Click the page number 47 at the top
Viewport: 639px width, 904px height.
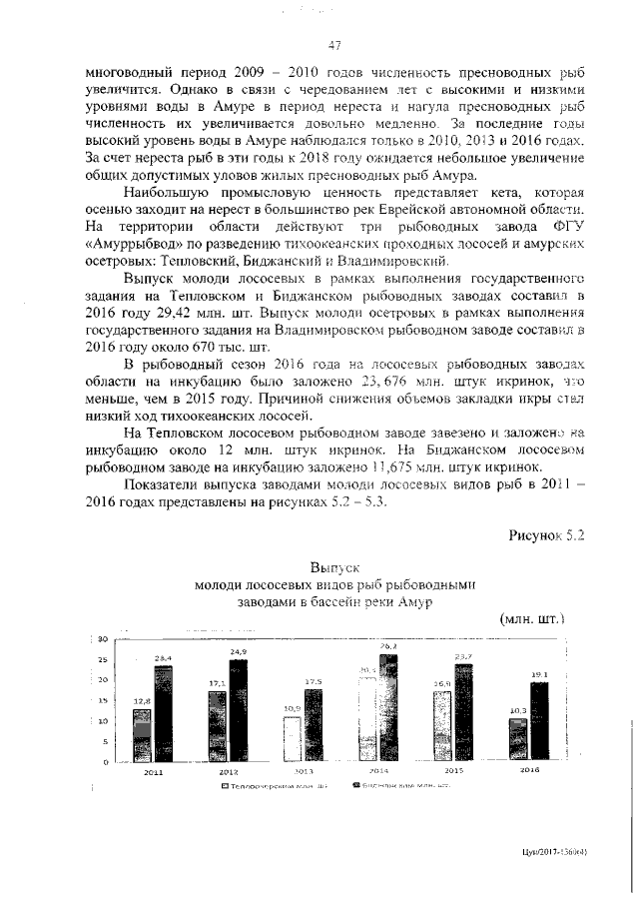pyautogui.click(x=334, y=45)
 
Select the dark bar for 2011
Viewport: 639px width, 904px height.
pyautogui.click(x=163, y=713)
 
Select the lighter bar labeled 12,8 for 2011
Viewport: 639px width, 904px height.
pyautogui.click(x=142, y=735)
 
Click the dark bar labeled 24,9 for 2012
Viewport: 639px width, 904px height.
pyautogui.click(x=238, y=710)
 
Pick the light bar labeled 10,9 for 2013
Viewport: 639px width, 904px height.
pyautogui.click(x=293, y=739)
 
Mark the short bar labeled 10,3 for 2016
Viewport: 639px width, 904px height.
pyautogui.click(x=517, y=740)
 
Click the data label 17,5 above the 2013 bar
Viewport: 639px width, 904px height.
pyautogui.click(x=313, y=681)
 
